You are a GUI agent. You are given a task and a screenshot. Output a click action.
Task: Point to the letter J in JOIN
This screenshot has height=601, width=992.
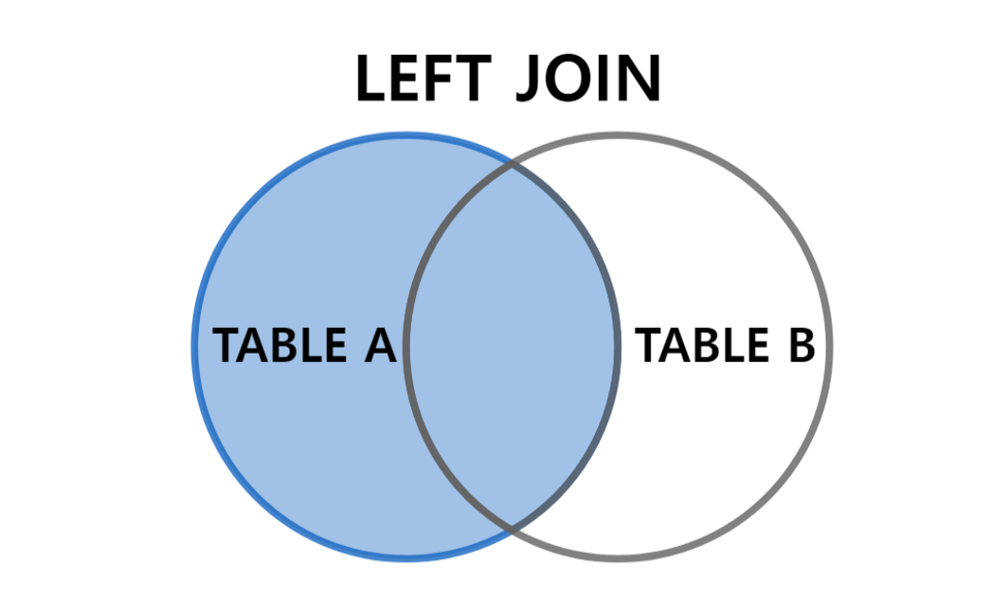tap(530, 80)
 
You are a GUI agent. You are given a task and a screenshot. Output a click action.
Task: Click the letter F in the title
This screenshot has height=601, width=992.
tap(443, 80)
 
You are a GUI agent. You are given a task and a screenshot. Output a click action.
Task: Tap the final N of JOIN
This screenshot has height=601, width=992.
tap(640, 80)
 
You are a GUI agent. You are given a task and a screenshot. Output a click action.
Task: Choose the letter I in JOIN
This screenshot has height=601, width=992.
tap(605, 80)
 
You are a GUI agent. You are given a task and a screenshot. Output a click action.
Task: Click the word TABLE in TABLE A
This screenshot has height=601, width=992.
tap(279, 345)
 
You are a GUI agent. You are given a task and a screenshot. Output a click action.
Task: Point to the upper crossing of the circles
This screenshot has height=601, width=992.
tap(512, 163)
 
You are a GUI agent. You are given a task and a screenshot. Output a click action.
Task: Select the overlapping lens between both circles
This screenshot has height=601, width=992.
tap(512, 345)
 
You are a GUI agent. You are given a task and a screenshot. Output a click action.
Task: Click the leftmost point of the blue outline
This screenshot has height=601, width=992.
tap(193, 345)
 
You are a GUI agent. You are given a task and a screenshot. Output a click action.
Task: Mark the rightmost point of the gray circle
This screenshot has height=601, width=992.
tap(829, 345)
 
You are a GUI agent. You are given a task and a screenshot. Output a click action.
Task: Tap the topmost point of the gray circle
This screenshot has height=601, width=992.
tap(617, 135)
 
